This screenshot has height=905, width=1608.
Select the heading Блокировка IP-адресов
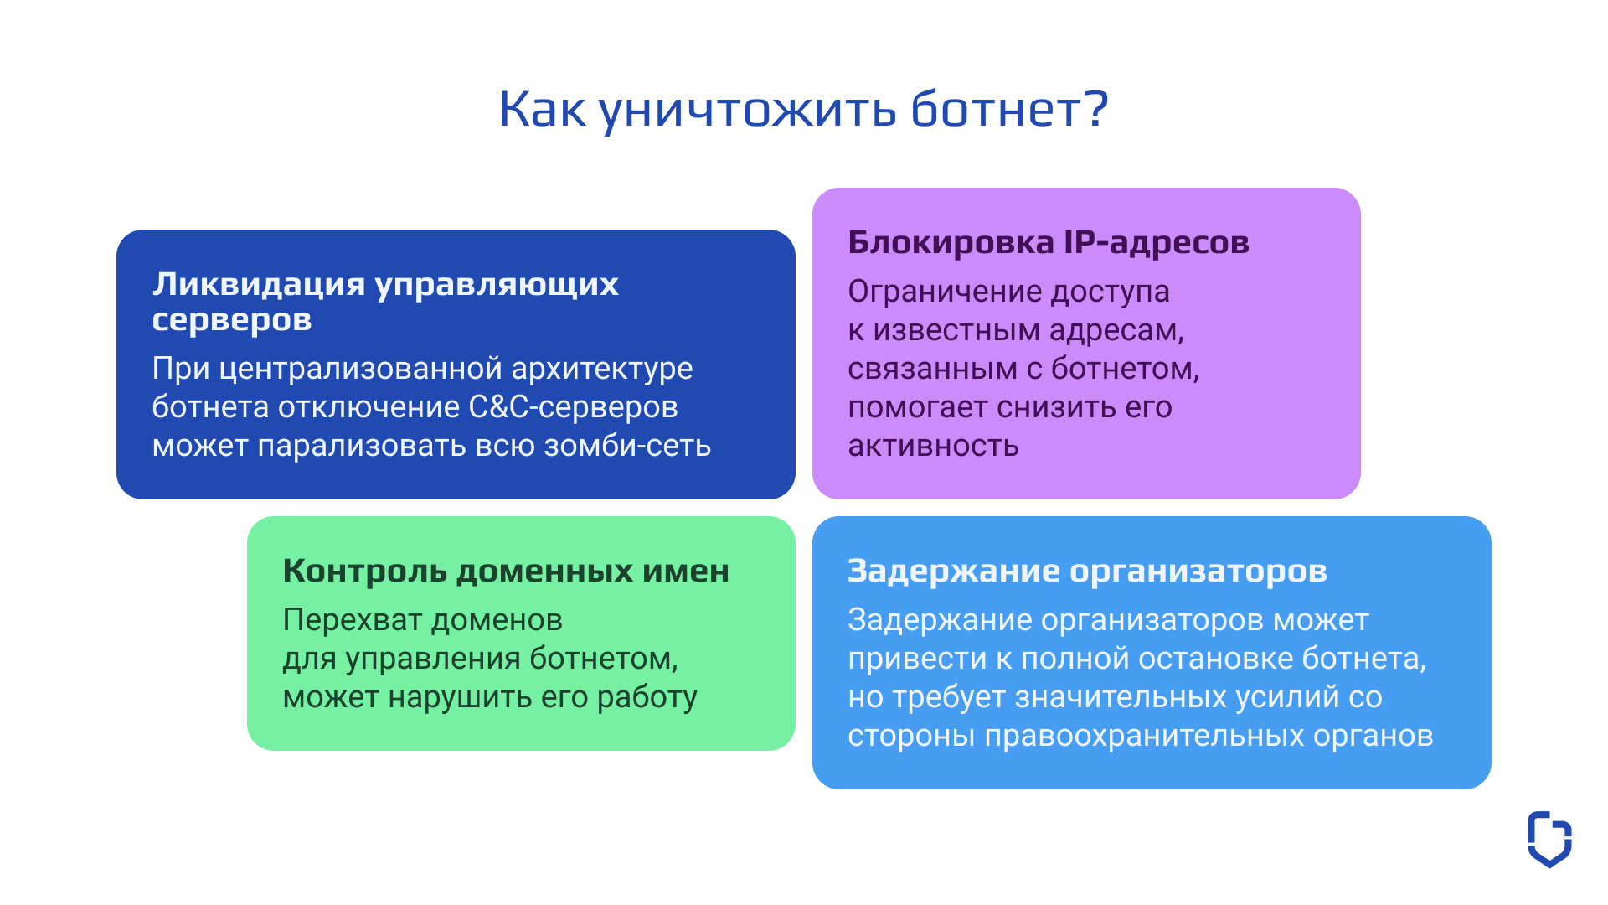(1048, 242)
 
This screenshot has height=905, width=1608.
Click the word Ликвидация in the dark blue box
(259, 284)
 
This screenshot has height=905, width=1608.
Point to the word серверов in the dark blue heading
(232, 320)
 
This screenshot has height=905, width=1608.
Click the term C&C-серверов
(573, 407)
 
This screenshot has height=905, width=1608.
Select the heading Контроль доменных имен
(506, 571)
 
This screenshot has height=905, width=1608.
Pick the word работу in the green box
(647, 697)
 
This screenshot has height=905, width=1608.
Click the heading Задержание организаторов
(1087, 571)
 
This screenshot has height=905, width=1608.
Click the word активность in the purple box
(933, 446)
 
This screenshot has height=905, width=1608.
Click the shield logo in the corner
(1549, 839)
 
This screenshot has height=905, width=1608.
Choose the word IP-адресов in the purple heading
(1156, 242)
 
